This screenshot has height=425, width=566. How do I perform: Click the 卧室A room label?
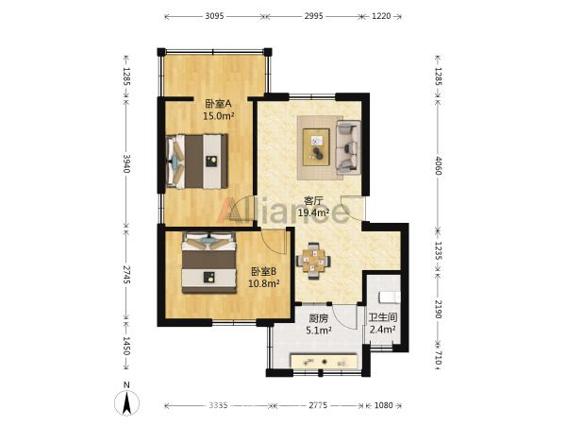click(x=219, y=104)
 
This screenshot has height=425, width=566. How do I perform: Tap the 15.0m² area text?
click(x=219, y=116)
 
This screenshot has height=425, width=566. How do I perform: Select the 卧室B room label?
click(x=264, y=271)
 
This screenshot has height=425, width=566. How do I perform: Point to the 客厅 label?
click(x=313, y=200)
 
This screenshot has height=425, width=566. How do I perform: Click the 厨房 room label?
click(x=319, y=318)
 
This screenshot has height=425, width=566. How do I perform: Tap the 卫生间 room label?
click(x=383, y=317)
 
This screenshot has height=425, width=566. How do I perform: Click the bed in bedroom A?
click(x=197, y=161)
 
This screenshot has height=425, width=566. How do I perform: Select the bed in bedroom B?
click(x=209, y=263)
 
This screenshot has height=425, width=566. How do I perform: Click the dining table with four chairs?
click(x=313, y=261)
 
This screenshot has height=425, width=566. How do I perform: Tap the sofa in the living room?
click(x=349, y=147)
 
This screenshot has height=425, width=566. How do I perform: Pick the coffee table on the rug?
click(x=316, y=147)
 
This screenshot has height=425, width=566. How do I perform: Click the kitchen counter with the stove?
click(x=325, y=361)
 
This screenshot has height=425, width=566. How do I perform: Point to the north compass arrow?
click(x=126, y=404)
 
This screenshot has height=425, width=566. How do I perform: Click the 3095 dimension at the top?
click(x=215, y=16)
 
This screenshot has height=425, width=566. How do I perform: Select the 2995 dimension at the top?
click(x=313, y=16)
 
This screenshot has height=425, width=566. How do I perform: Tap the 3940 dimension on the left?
click(x=126, y=163)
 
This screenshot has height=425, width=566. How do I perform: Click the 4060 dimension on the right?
click(x=438, y=165)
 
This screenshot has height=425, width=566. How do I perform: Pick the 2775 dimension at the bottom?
click(x=318, y=405)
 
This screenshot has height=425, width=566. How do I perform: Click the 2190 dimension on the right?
click(x=438, y=309)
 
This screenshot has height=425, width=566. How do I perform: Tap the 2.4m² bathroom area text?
click(x=383, y=330)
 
